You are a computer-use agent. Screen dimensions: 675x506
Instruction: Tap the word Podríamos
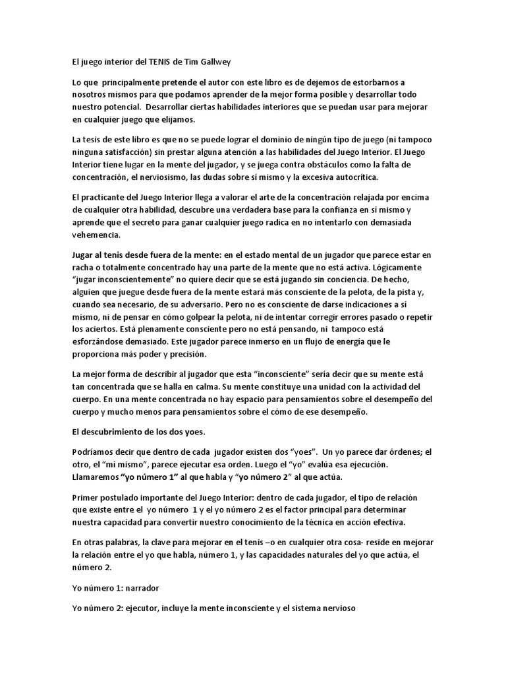coord(94,452)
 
